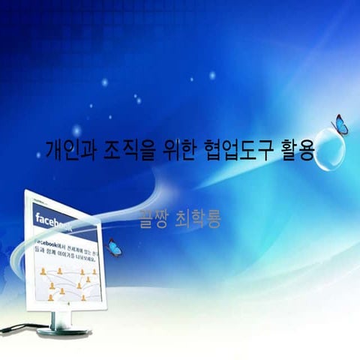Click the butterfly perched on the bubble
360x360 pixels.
click(340, 125)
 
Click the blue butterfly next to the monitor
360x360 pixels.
click(114, 247)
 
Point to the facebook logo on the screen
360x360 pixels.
click(55, 221)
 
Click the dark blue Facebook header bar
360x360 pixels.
click(67, 220)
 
